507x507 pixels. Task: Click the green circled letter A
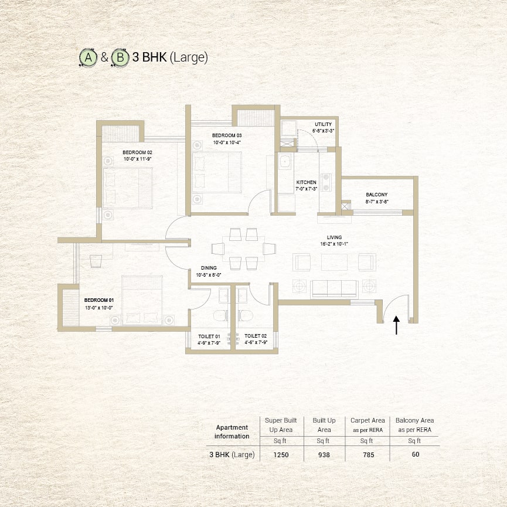coord(88,57)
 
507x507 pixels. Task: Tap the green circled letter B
coord(120,57)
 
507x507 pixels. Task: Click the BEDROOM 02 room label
coord(137,152)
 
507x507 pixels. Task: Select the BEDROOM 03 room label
coord(227,135)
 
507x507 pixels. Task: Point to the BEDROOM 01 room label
coord(99,300)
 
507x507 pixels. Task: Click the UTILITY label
coord(324,124)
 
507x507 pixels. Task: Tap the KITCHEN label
coord(306,182)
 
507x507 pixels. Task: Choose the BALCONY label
coord(377,195)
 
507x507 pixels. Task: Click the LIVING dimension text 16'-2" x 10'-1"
coord(334,244)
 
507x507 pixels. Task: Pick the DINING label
coord(209,268)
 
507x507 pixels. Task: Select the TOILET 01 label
coord(209,336)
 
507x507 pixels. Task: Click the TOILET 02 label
coord(256,336)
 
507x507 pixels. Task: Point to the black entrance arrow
coord(396,325)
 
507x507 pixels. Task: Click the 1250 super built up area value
coord(281,455)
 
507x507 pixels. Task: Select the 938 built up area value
coord(324,455)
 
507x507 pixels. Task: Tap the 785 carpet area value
coord(369,455)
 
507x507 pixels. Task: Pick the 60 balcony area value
coord(416,454)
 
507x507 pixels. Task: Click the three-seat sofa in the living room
coord(334,289)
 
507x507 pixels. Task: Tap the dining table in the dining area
coord(243,249)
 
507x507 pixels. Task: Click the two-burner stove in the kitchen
coord(326,182)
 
